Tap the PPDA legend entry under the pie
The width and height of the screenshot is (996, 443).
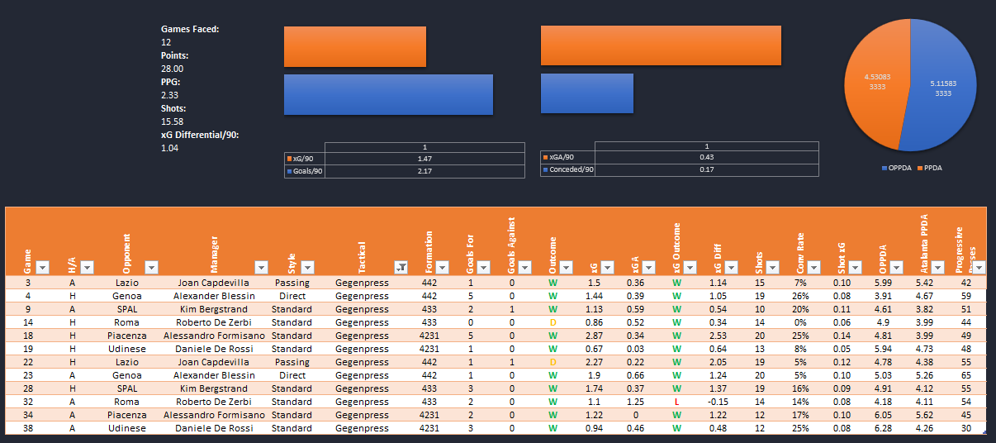coord(929,167)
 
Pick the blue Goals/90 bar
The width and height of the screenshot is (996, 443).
coord(388,94)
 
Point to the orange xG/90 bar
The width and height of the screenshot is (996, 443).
coord(355,46)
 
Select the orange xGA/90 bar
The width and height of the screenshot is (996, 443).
coord(661,45)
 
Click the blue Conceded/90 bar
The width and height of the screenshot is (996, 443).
coord(587,93)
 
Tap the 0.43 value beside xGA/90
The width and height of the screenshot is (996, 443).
coord(706,157)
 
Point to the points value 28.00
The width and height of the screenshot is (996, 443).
coord(173,69)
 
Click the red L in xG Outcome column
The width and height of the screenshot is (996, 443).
coord(676,402)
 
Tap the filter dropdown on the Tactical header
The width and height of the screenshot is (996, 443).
coord(401,267)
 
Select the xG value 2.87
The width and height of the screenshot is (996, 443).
coord(594,336)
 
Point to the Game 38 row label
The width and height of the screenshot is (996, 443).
coord(27,428)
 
